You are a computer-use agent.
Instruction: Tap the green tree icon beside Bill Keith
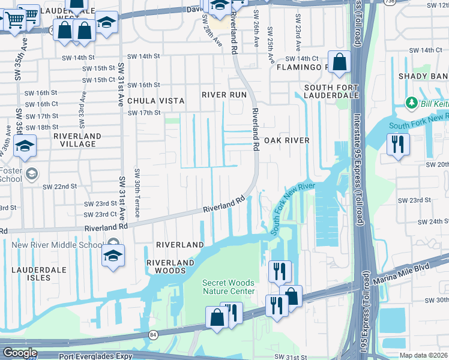coord(411,103)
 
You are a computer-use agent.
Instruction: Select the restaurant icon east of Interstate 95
coord(399,145)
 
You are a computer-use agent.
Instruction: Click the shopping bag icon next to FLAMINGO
coord(339,61)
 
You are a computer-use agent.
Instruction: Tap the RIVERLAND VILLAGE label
coord(77,140)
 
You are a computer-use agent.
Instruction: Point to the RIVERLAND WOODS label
coord(171,266)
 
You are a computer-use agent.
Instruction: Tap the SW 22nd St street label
coord(60,187)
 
